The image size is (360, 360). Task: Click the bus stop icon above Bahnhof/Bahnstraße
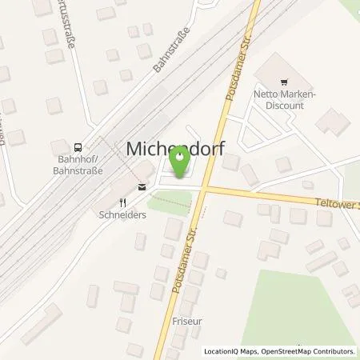tap(77, 146)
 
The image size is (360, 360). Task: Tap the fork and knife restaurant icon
tap(122, 202)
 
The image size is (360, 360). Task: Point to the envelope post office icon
tap(142, 188)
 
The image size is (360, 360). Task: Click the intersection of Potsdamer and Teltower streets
tap(205, 189)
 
